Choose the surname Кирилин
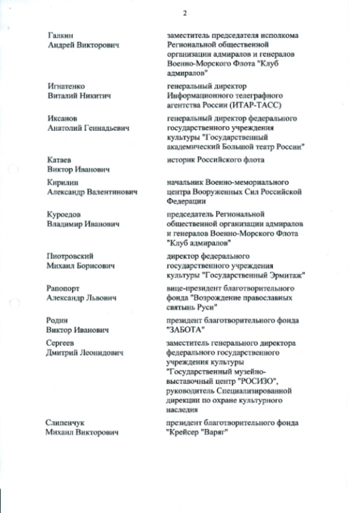point(62,182)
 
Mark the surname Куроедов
point(64,215)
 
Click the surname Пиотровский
point(71,256)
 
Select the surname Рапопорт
point(64,289)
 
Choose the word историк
point(181,160)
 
